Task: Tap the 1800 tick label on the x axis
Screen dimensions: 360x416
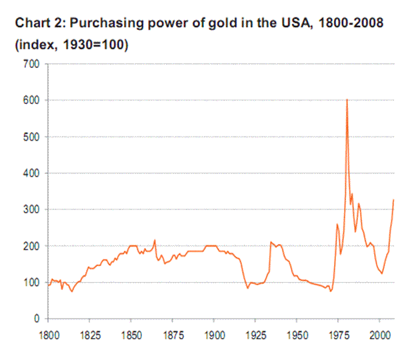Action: coord(48,331)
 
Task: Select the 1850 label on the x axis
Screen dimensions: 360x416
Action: coord(131,331)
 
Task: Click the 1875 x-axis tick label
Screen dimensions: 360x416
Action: coord(172,331)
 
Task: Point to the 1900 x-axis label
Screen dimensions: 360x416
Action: coord(213,331)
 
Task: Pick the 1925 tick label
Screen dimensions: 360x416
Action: coord(255,331)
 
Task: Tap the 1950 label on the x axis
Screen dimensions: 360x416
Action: coord(297,331)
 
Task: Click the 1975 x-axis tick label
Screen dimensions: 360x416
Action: coord(338,331)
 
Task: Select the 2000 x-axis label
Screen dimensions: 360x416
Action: coord(379,331)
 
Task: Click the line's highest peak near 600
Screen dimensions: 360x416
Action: coord(347,100)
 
